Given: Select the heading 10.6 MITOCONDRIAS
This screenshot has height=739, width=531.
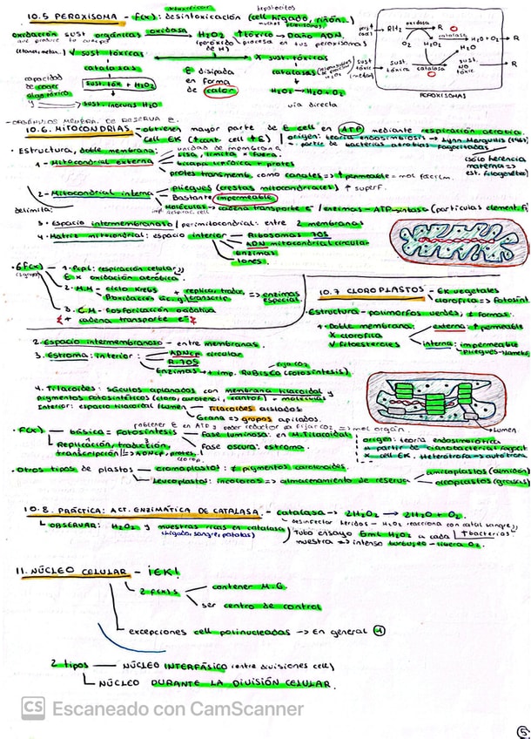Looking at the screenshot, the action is point(64,128).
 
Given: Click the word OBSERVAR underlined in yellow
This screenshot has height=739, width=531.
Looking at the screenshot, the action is point(71,527).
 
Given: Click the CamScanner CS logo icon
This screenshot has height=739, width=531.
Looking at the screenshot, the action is point(33,708).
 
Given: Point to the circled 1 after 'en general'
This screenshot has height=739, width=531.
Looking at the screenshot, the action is point(379,630).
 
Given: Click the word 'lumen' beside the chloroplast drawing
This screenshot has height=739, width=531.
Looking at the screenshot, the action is point(502,430).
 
